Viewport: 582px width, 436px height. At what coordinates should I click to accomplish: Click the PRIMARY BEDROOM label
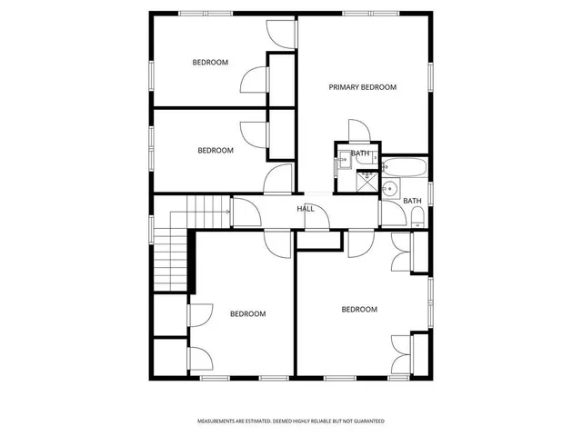(x=362, y=87)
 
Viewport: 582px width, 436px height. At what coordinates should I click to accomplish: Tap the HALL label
(x=306, y=209)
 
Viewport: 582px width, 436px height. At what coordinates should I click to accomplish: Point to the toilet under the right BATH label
(x=416, y=216)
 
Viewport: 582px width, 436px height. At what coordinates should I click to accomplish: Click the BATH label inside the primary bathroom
(x=360, y=154)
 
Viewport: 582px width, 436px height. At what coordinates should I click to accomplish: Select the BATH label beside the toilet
(x=412, y=201)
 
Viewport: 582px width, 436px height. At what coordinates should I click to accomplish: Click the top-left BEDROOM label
(x=210, y=63)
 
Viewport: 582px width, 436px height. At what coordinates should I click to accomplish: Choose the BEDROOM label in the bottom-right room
(x=358, y=310)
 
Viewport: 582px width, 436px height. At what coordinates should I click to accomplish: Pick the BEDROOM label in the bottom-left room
(x=247, y=314)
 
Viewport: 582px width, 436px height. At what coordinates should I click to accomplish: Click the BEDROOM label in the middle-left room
(x=216, y=150)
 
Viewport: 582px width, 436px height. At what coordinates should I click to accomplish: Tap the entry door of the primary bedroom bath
(x=356, y=131)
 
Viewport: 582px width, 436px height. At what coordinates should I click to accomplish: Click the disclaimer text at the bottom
(x=291, y=421)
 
